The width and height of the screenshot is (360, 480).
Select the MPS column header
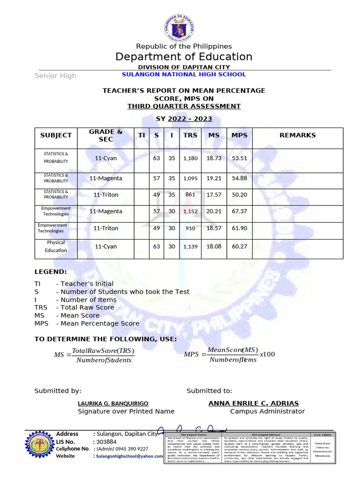[240, 135]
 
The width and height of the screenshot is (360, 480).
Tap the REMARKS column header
[297, 135]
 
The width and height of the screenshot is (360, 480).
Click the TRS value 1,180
[190, 158]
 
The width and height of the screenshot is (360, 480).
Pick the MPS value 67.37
[240, 211]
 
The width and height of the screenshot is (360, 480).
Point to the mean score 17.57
[214, 195]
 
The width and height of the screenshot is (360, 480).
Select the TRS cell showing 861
[190, 195]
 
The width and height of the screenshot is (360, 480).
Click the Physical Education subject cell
[56, 247]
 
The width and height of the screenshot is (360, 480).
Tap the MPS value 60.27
[240, 247]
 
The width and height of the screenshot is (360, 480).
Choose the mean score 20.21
[214, 211]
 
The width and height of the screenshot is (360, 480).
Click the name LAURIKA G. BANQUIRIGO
[113, 404]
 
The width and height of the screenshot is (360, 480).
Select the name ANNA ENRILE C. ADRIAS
[253, 403]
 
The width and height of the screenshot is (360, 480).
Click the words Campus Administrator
[267, 412]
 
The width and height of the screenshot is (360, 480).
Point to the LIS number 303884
[106, 442]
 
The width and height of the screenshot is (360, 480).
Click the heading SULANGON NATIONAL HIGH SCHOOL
[184, 75]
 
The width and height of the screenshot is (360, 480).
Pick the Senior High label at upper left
[55, 76]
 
